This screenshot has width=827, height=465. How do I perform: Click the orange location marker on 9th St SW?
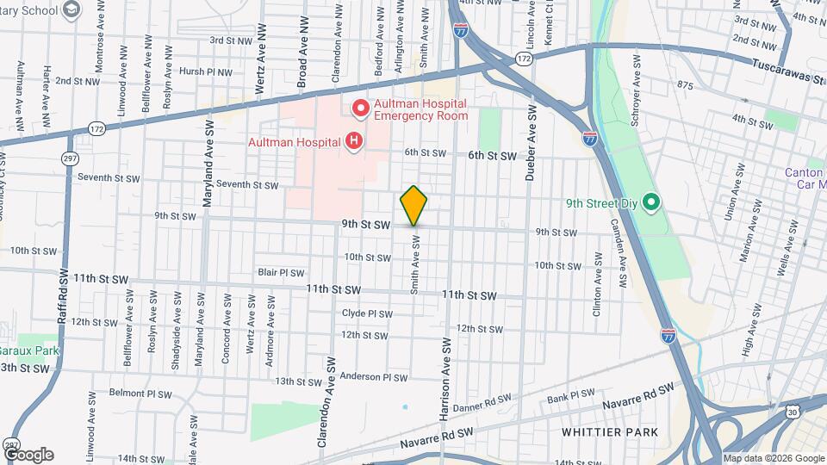413,206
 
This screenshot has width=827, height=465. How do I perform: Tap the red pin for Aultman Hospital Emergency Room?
359,108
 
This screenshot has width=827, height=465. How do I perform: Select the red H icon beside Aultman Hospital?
352,141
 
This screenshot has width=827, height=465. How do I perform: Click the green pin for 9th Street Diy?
651,204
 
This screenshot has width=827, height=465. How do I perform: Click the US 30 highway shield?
814,414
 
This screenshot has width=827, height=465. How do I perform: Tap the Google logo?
28,454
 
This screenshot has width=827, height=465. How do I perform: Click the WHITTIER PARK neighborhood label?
609,431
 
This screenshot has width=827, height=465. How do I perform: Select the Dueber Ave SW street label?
532,143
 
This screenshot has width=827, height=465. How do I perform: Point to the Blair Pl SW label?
281,272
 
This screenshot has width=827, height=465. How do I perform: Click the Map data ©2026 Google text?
773,458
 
